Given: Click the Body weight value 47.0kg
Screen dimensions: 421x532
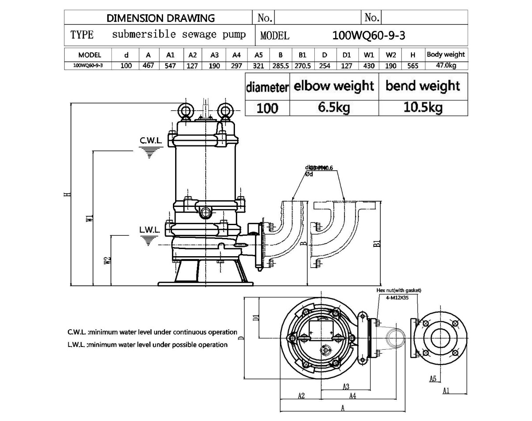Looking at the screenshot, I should coord(446,66).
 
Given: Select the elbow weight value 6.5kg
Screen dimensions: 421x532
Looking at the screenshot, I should coord(334,108).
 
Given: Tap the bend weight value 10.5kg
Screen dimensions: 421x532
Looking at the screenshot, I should coord(423,108).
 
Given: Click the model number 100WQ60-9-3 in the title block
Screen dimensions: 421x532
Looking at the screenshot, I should coord(368,35).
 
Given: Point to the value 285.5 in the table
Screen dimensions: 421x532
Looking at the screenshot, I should coord(281,66).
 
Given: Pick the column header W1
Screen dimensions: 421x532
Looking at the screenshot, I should coord(369,55).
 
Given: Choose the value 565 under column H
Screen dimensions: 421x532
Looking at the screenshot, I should coord(413,66).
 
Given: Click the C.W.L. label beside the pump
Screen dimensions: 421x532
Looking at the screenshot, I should coord(151,141).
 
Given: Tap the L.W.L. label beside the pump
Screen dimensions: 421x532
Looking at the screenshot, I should coord(149,230).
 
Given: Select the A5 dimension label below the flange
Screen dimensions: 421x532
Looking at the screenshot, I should coord(433,378).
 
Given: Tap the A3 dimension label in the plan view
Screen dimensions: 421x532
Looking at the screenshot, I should coord(346,386).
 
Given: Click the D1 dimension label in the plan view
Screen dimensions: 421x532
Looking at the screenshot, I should coord(255,318).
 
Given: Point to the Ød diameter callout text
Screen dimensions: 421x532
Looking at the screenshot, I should coord(309,174).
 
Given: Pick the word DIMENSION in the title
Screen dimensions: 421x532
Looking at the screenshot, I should coord(135,18).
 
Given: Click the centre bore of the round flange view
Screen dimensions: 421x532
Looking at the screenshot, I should coord(440,338).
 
